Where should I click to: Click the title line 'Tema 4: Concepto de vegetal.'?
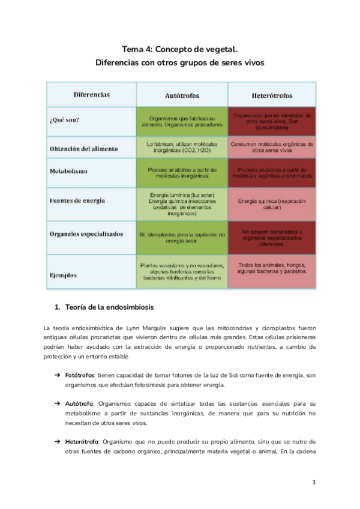(179, 49)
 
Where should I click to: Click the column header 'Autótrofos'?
(182, 95)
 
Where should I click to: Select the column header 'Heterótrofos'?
(272, 95)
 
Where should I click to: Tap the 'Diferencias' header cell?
(92, 95)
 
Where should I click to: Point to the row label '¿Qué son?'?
(65, 119)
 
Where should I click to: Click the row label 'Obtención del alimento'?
(83, 148)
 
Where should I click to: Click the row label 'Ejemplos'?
(63, 276)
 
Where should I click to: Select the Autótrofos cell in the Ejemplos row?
(182, 271)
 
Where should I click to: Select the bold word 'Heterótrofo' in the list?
(83, 442)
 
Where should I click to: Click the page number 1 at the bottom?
(314, 482)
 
